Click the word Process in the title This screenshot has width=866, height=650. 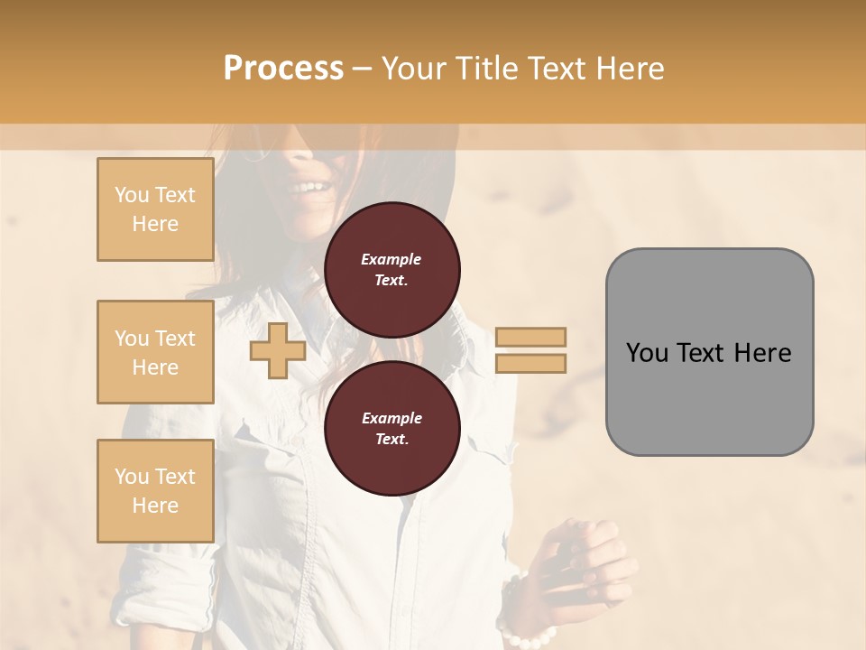coord(283,68)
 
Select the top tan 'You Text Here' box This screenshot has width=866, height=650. coord(155,209)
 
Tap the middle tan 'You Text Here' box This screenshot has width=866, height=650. coord(155,352)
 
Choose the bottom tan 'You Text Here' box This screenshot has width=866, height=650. coord(155,491)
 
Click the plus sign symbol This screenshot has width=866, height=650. coord(277,349)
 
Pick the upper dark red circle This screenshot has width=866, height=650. coord(392,270)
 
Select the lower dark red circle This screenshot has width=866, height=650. coord(392,429)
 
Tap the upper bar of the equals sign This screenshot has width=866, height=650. coord(530,337)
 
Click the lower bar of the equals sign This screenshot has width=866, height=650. coord(530,363)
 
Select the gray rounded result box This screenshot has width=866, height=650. coord(709,351)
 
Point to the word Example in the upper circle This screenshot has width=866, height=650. coord(392,259)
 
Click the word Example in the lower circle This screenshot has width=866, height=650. coord(392,418)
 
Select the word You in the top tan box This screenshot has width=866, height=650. coord(132,195)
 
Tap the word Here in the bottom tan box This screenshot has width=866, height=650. coord(155,506)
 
